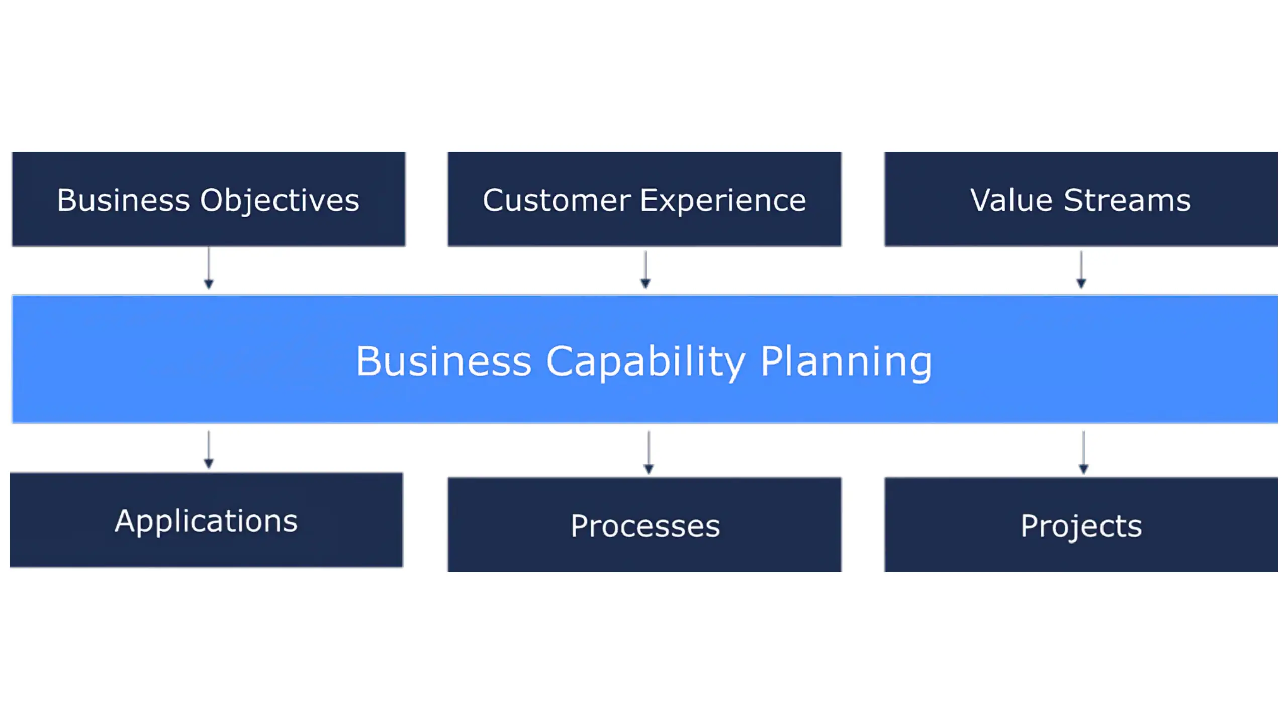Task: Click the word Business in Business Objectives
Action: pos(123,200)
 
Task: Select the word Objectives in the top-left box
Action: pos(280,200)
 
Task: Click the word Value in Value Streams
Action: pos(1011,200)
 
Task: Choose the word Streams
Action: pos(1127,200)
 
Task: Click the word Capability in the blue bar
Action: pos(646,361)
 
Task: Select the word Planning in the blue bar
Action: pos(846,361)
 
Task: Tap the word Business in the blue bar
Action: pos(443,361)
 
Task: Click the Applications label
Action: pos(206,521)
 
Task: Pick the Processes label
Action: pos(645,526)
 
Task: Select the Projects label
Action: pos(1081,526)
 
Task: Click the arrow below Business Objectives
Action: pos(209,268)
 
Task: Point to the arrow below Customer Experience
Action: pos(646,270)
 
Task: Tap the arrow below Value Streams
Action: pos(1081,270)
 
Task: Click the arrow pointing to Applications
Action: pos(209,449)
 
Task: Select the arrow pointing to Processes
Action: pos(649,452)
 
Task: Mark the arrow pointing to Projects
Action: pos(1083,452)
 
